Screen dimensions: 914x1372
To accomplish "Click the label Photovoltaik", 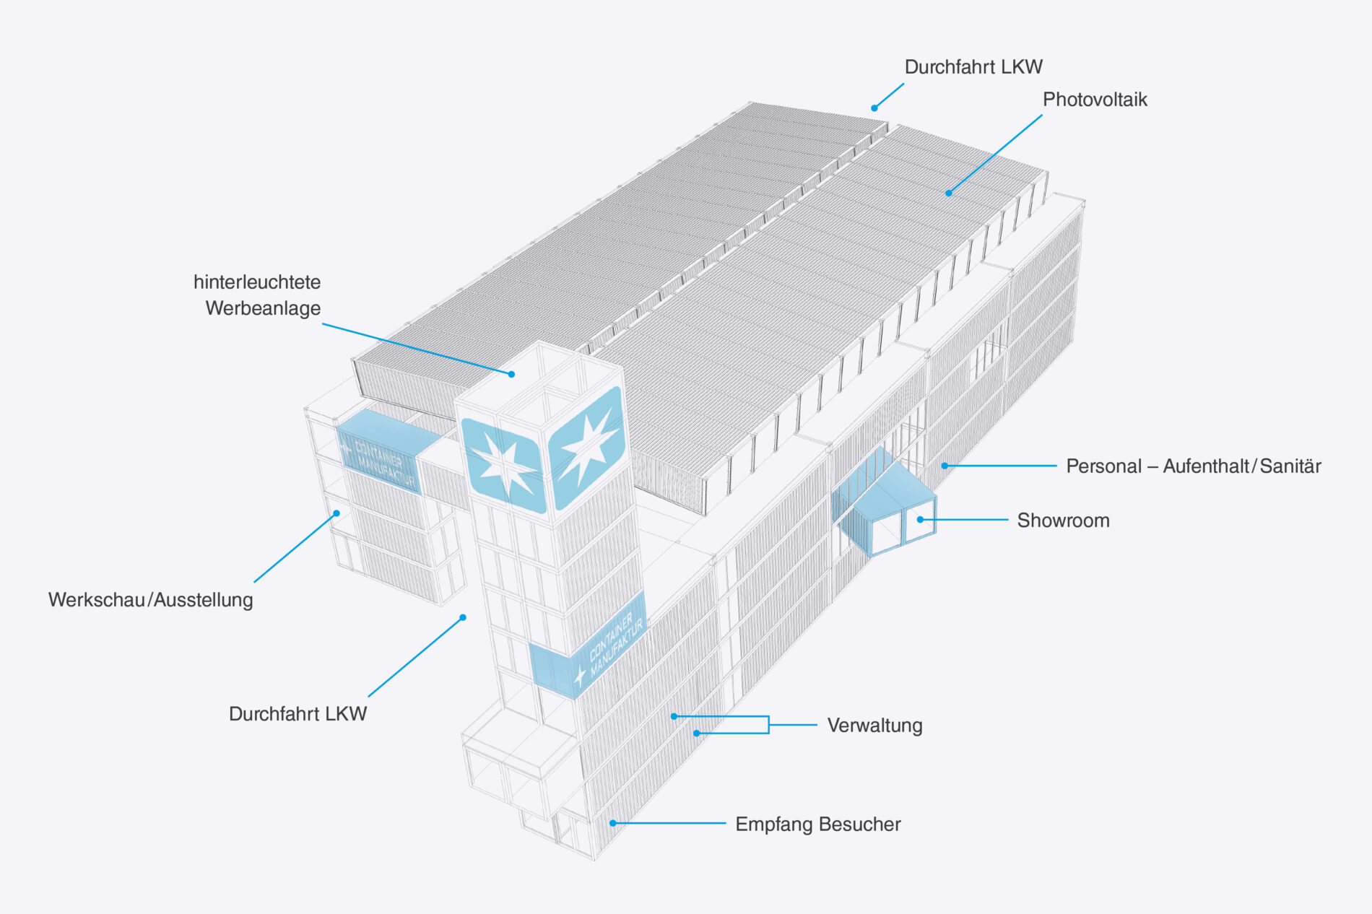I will (1094, 100).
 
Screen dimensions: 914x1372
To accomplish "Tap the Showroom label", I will (1063, 521).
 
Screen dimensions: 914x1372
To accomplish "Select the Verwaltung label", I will (874, 726).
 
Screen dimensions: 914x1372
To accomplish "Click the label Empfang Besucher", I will (817, 824).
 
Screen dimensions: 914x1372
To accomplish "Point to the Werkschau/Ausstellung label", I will (150, 600).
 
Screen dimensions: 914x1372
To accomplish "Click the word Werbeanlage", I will (263, 308).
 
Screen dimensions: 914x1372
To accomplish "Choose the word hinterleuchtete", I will (257, 282).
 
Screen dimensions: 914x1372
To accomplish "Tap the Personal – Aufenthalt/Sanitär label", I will (1193, 466).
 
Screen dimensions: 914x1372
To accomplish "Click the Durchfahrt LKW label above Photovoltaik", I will (973, 67).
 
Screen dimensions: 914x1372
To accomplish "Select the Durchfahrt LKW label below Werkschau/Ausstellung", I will (298, 714).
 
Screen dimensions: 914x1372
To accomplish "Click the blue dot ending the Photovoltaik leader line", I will (949, 193).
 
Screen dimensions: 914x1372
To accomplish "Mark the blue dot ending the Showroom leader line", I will (921, 520).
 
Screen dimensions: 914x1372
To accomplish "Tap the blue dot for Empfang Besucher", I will (612, 823).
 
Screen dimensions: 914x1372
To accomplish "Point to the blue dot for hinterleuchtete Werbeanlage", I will (511, 374).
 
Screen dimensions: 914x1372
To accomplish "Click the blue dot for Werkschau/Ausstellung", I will (337, 513).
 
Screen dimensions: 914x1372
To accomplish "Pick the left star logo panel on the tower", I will (503, 465).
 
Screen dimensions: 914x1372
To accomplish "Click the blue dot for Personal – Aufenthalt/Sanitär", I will (945, 466).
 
